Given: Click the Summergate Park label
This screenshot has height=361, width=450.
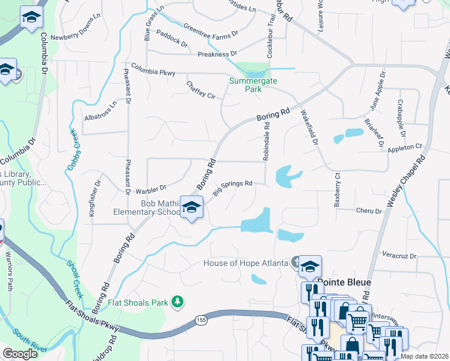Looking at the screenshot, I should coord(245,84).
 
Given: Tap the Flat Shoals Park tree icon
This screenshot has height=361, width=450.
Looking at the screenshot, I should coord(177,301).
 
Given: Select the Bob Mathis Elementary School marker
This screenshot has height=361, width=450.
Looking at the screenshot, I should coord(192,208).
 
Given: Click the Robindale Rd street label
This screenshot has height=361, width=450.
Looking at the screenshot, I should coord(265,143).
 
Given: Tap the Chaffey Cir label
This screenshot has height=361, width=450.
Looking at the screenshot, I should coord(200,90).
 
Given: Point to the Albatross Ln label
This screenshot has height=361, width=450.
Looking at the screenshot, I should coord(100,110).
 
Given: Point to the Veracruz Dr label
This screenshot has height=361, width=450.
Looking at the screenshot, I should coord(399,255).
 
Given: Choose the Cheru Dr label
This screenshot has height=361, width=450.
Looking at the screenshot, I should coord(369,211).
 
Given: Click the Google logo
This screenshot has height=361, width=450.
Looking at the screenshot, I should coord(20,354).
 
